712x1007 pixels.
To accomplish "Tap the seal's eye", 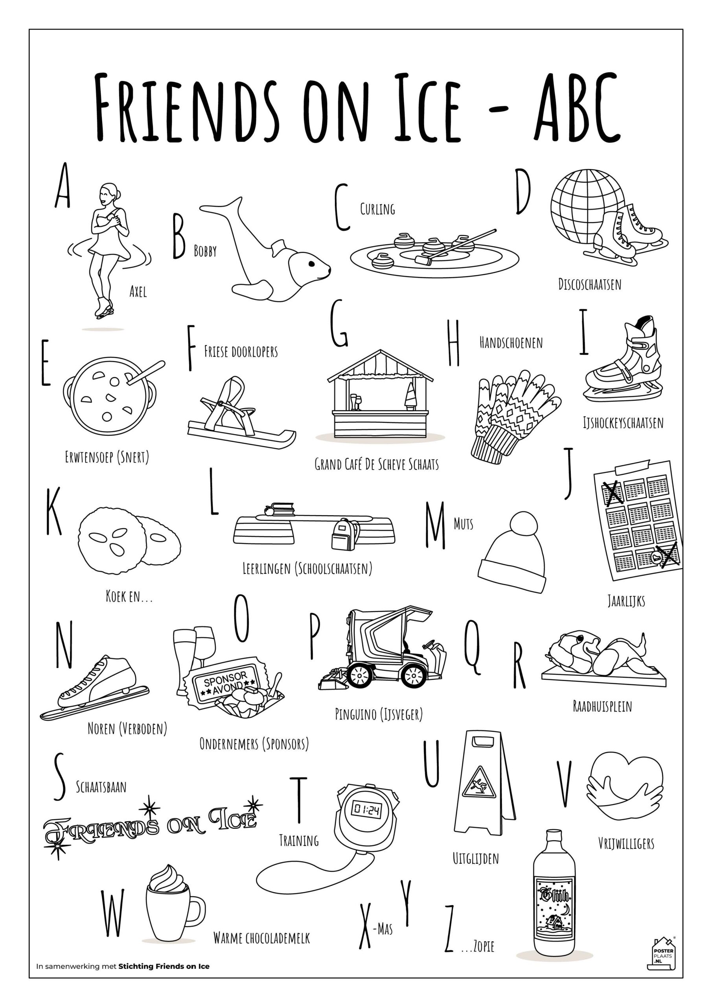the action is [311, 264].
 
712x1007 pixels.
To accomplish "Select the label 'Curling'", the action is [377, 209].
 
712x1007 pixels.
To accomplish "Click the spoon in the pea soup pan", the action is [145, 373].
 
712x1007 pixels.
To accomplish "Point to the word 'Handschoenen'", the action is [511, 343].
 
